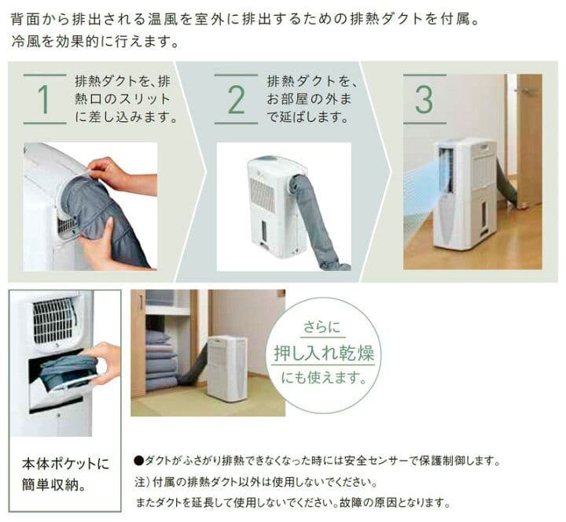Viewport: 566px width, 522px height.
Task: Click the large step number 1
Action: (44, 99)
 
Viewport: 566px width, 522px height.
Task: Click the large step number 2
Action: (237, 99)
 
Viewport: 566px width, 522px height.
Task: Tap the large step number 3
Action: (424, 99)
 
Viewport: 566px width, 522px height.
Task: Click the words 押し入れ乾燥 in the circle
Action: (323, 353)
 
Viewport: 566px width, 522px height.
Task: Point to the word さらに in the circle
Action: (322, 327)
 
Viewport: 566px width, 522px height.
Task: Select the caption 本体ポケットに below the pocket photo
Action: (65, 464)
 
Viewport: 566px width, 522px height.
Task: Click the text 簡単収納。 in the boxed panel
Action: (54, 484)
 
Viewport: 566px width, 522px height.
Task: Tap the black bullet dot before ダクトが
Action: (138, 461)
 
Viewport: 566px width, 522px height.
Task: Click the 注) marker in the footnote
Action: (140, 482)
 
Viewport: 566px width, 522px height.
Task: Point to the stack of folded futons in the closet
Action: (160, 360)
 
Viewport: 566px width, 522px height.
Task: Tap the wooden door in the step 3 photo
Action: (528, 142)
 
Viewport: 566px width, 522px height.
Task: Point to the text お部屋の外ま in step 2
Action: (309, 99)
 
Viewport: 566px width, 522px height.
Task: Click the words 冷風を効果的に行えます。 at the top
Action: (95, 42)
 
